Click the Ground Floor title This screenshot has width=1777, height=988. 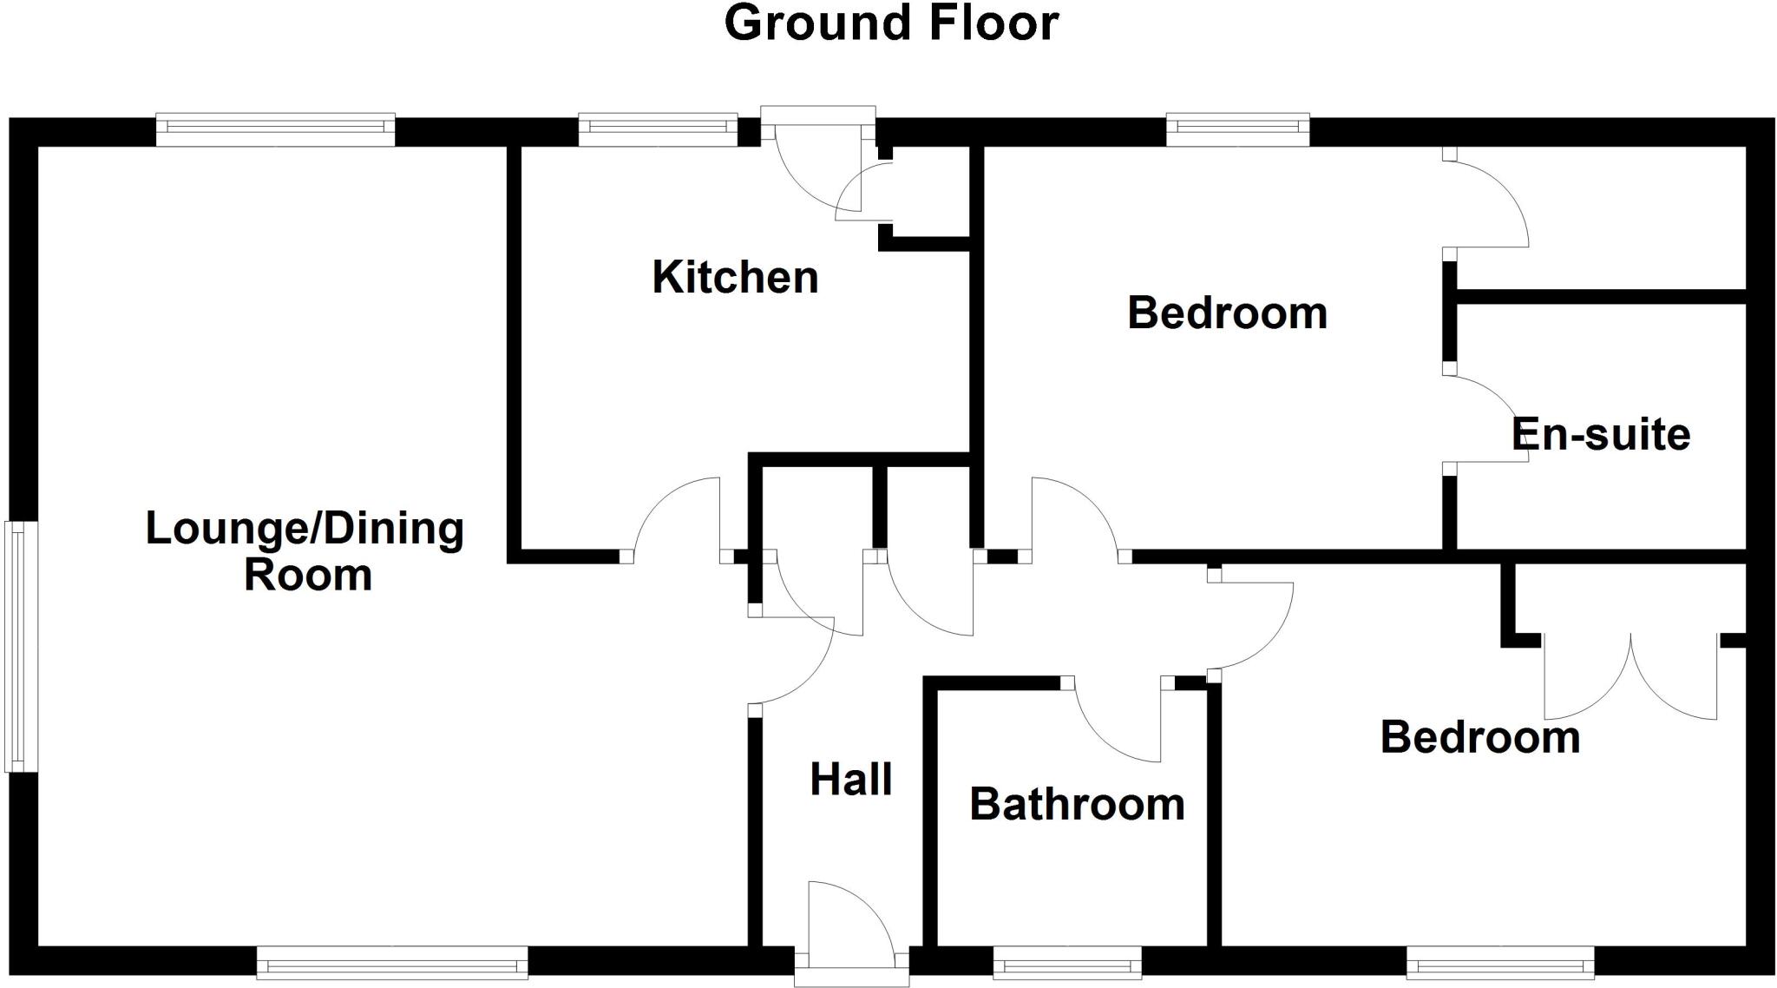tap(891, 23)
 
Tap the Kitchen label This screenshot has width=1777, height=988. tap(735, 278)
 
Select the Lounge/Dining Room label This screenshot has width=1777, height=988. tap(305, 551)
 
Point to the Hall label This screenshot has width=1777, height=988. tap(850, 780)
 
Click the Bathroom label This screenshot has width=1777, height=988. tap(1077, 804)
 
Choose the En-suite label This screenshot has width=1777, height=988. tap(1601, 434)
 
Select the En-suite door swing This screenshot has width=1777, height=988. tap(1485, 417)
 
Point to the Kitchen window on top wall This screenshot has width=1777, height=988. tap(658, 128)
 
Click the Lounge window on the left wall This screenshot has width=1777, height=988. tap(20, 646)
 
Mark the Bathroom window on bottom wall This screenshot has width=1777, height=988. tap(1066, 963)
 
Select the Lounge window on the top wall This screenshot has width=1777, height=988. tap(275, 128)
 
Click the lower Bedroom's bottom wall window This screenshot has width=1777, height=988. tap(1500, 963)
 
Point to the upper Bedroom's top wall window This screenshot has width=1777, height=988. tap(1237, 128)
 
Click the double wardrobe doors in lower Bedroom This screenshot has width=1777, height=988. tap(1630, 677)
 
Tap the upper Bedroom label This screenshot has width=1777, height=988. tap(1227, 313)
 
